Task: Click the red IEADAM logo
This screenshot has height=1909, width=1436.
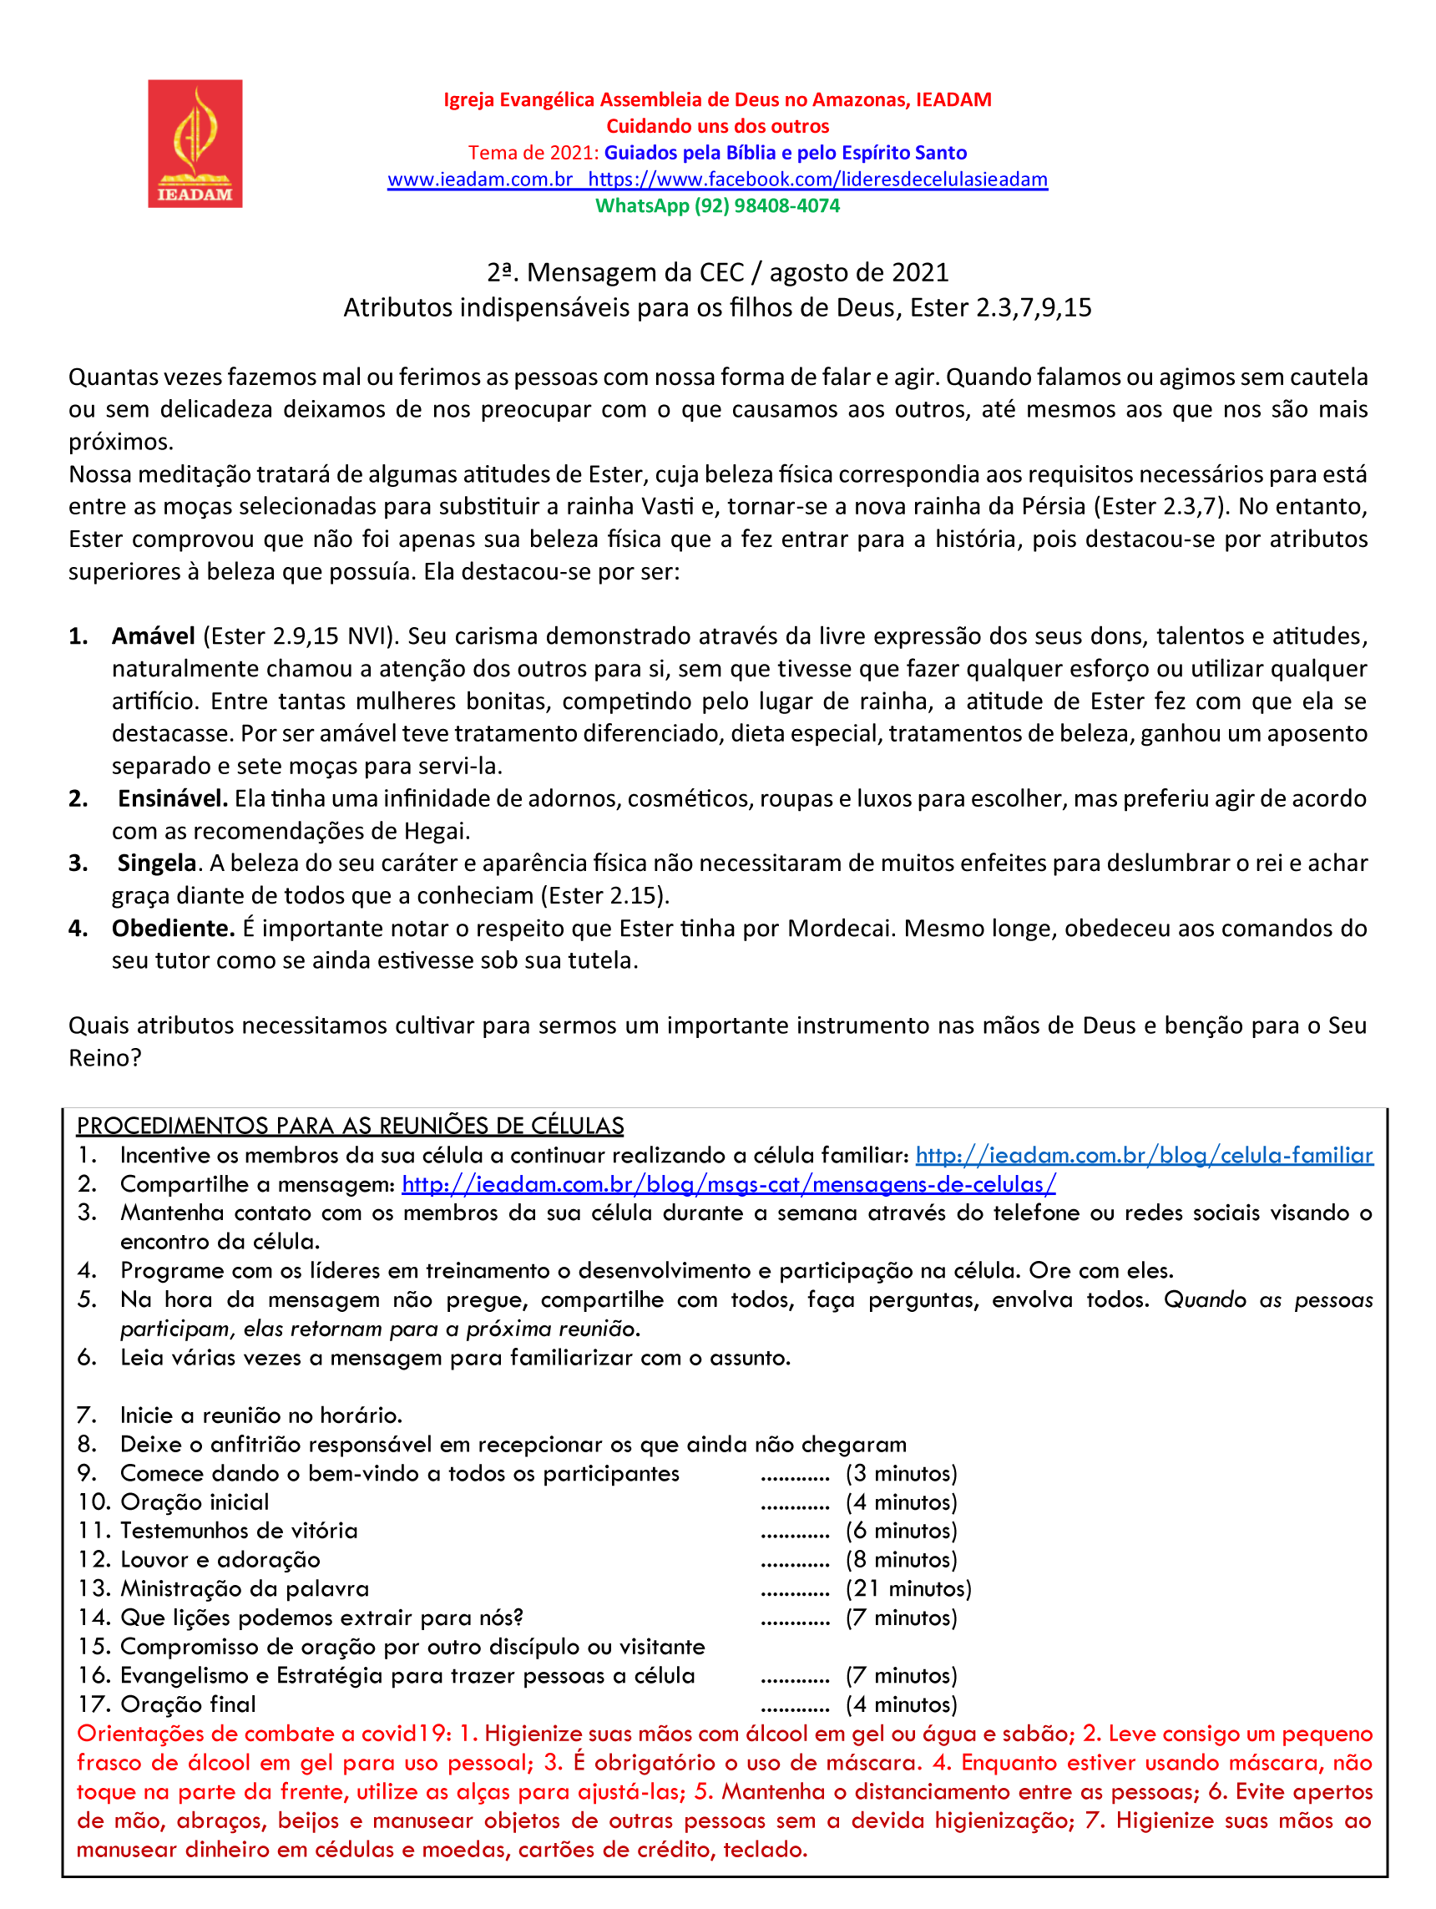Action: (195, 144)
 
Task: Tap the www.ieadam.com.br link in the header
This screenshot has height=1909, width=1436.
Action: (480, 180)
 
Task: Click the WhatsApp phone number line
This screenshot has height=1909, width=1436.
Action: (717, 206)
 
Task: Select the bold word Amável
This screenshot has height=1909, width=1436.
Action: (153, 636)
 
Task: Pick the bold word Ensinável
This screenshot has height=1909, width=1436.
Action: (173, 798)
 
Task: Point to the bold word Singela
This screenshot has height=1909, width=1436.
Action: (157, 863)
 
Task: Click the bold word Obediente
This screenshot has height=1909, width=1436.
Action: (173, 928)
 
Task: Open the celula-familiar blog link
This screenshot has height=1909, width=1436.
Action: (1144, 1156)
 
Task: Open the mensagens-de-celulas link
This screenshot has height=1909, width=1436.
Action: (728, 1184)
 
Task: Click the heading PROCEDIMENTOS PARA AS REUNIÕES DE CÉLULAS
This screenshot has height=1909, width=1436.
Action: (350, 1127)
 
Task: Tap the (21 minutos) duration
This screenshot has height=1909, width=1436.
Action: (908, 1589)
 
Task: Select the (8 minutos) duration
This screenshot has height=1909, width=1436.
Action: (901, 1559)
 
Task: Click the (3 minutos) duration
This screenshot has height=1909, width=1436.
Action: (901, 1473)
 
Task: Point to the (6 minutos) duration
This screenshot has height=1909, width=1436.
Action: (901, 1531)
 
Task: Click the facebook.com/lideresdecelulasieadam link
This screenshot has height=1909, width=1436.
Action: (817, 180)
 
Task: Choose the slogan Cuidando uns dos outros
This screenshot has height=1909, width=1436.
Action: (717, 127)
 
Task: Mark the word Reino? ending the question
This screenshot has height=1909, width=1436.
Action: (104, 1058)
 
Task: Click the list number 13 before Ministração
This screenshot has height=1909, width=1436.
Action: (94, 1589)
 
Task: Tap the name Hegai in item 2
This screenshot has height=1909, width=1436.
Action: (435, 831)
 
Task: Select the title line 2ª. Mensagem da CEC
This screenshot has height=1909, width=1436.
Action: (717, 273)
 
